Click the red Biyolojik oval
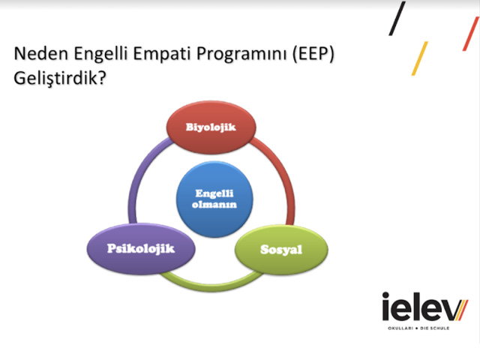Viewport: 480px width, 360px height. tap(211, 127)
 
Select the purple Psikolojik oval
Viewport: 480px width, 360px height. tap(141, 248)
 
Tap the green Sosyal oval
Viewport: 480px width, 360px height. tap(281, 250)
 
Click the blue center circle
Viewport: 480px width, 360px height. tap(214, 199)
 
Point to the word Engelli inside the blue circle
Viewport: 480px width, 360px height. tap(214, 193)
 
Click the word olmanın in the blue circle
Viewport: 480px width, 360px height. tap(214, 204)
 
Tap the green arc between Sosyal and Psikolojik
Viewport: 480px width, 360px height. tap(211, 286)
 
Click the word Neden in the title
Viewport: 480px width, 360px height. tap(41, 53)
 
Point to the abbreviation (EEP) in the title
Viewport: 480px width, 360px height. tap(313, 54)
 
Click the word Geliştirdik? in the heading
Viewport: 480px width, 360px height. tap(60, 78)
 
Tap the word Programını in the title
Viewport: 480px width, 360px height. tap(241, 55)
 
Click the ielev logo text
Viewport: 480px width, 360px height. tap(425, 307)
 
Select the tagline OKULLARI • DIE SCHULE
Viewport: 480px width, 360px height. tap(418, 328)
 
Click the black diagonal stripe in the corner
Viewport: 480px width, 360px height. tap(397, 18)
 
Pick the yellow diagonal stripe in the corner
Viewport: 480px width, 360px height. tap(420, 58)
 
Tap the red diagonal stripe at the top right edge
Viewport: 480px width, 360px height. tap(470, 34)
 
